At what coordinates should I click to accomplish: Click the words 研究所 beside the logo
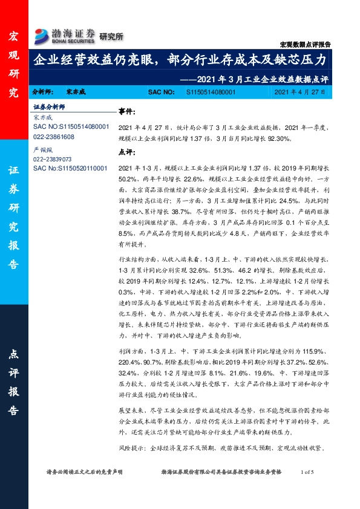pos(111,37)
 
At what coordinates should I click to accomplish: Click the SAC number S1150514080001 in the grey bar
pos(211,91)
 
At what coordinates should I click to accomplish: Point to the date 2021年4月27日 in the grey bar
pos(299,91)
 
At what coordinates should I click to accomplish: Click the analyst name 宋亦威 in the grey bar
pos(76,91)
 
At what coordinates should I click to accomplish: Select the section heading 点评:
pos(126,152)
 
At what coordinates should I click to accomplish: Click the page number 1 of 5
pos(310,472)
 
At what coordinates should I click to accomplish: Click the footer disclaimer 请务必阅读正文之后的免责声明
pos(85,472)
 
